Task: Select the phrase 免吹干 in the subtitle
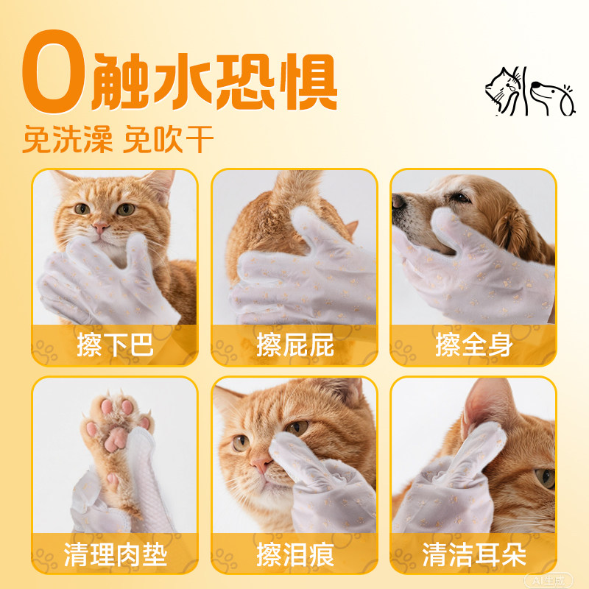coord(170,140)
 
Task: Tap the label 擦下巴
coord(114,345)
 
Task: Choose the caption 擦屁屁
coord(294,345)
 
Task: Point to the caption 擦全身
coord(473,345)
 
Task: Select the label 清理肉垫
coord(114,554)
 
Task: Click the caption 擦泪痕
coord(294,554)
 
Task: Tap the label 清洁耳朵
coord(473,554)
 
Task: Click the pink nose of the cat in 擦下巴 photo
coord(100,226)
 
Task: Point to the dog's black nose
coord(398,201)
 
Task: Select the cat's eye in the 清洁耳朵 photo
coord(545,478)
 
